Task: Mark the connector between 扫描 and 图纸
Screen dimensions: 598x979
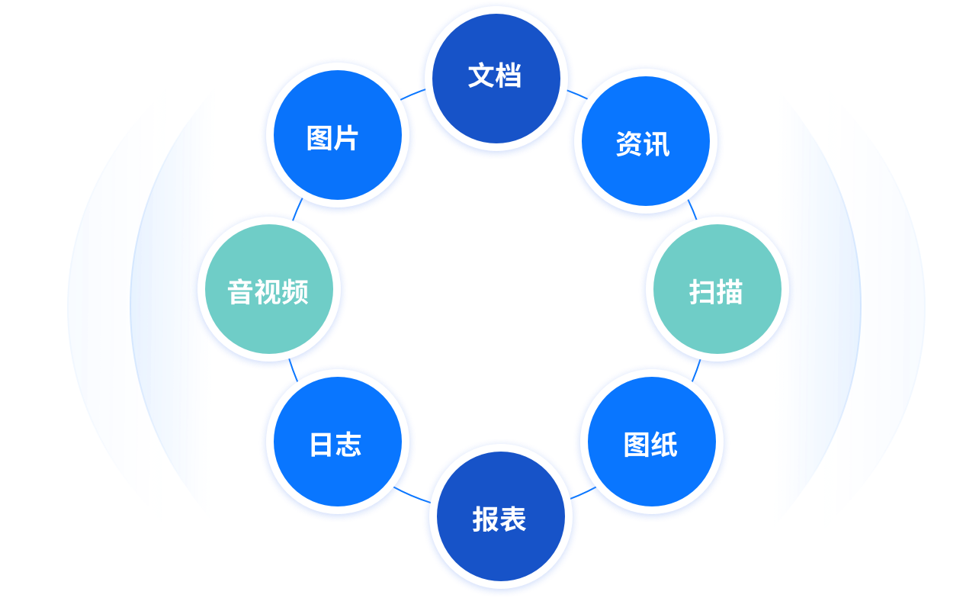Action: point(696,369)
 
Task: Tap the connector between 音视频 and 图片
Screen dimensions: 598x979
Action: point(297,210)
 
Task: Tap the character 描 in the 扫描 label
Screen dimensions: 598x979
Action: point(730,292)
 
